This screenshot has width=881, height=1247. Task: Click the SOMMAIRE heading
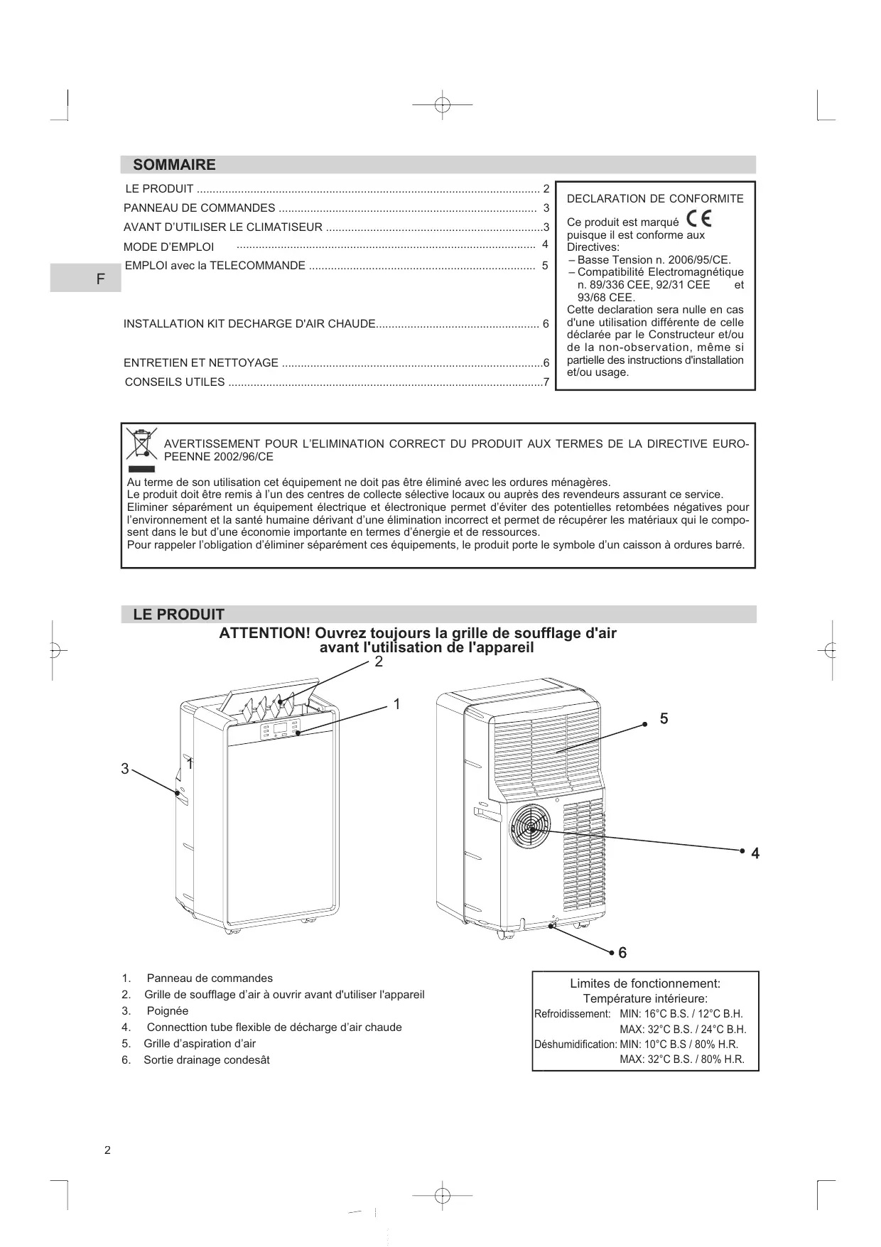click(x=174, y=165)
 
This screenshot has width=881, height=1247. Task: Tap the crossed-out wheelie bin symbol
click(x=141, y=443)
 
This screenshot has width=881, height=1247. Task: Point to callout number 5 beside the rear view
click(x=664, y=719)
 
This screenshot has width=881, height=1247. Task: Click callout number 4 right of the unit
click(x=755, y=854)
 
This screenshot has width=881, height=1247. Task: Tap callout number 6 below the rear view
click(x=622, y=954)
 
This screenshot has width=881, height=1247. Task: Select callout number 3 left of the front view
click(x=125, y=769)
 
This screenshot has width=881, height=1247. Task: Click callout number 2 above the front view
click(x=379, y=662)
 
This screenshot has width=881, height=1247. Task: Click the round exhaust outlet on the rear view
click(x=530, y=827)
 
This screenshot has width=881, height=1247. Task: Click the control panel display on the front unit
click(x=280, y=729)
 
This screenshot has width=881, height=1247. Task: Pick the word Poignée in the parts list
click(x=168, y=1011)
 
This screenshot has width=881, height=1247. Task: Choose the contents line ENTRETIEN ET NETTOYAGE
click(x=201, y=363)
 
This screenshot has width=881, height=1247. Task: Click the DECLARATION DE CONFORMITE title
click(x=655, y=199)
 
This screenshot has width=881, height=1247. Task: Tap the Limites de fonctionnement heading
click(x=645, y=984)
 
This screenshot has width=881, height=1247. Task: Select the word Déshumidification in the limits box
click(x=575, y=1044)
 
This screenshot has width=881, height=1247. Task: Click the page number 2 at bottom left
click(x=107, y=1151)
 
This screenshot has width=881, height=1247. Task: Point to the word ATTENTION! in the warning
click(x=263, y=633)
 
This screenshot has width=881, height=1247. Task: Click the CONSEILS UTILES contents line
click(x=175, y=382)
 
